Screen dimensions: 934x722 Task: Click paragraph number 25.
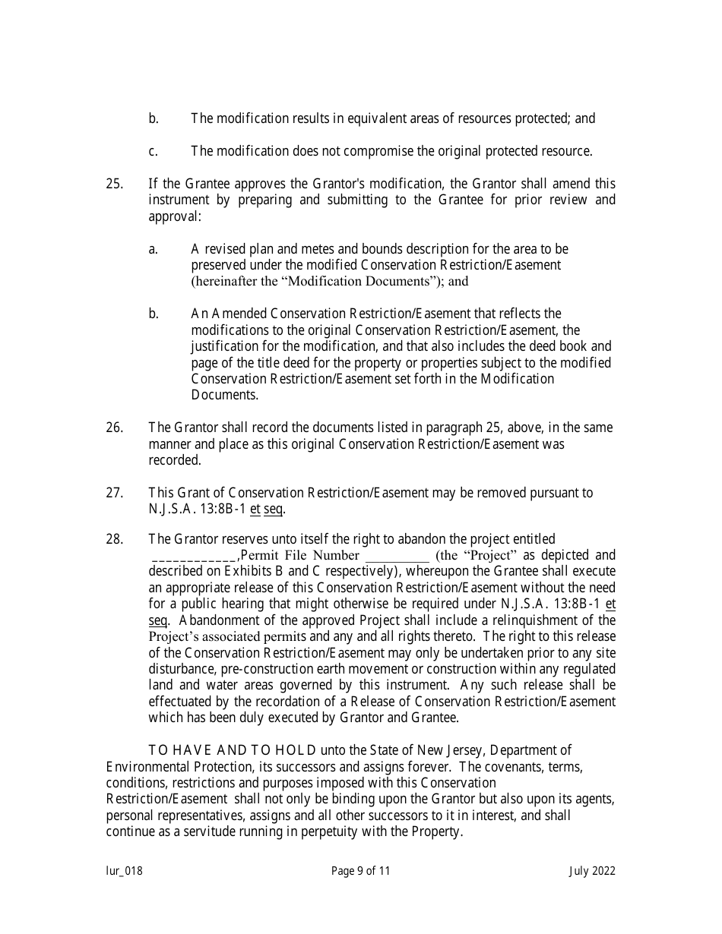pos(114,184)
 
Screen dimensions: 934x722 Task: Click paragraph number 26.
pos(114,428)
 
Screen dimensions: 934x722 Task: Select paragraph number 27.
pos(114,493)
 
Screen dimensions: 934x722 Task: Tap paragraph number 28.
pos(114,539)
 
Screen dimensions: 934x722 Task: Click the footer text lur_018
pos(124,871)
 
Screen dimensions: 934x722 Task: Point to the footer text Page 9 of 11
pos(361,871)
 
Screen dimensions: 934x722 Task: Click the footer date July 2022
pos(593,871)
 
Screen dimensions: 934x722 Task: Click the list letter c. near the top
pos(153,151)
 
